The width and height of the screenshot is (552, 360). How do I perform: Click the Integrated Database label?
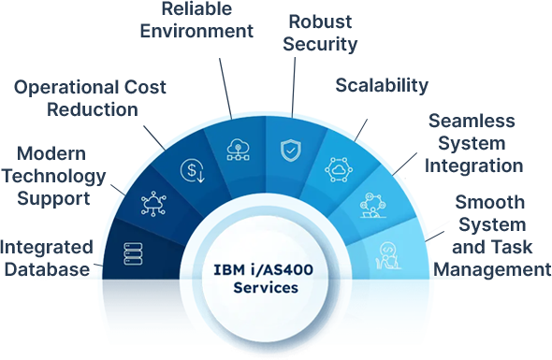pyautogui.click(x=47, y=257)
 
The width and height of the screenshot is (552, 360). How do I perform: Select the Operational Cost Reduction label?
pyautogui.click(x=90, y=97)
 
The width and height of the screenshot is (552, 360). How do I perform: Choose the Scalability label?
pyautogui.click(x=382, y=85)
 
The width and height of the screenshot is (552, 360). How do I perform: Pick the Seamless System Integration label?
pyautogui.click(x=474, y=144)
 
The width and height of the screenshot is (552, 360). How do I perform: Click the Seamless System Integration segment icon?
pyautogui.click(x=373, y=206)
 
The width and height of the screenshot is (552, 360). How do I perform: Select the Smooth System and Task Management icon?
pyautogui.click(x=387, y=252)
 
